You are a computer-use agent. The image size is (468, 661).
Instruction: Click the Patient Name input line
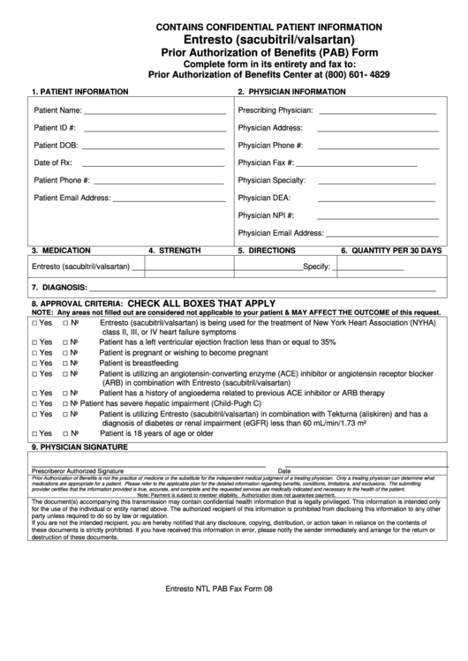(154, 113)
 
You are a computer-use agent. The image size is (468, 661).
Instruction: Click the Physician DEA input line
(362, 200)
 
